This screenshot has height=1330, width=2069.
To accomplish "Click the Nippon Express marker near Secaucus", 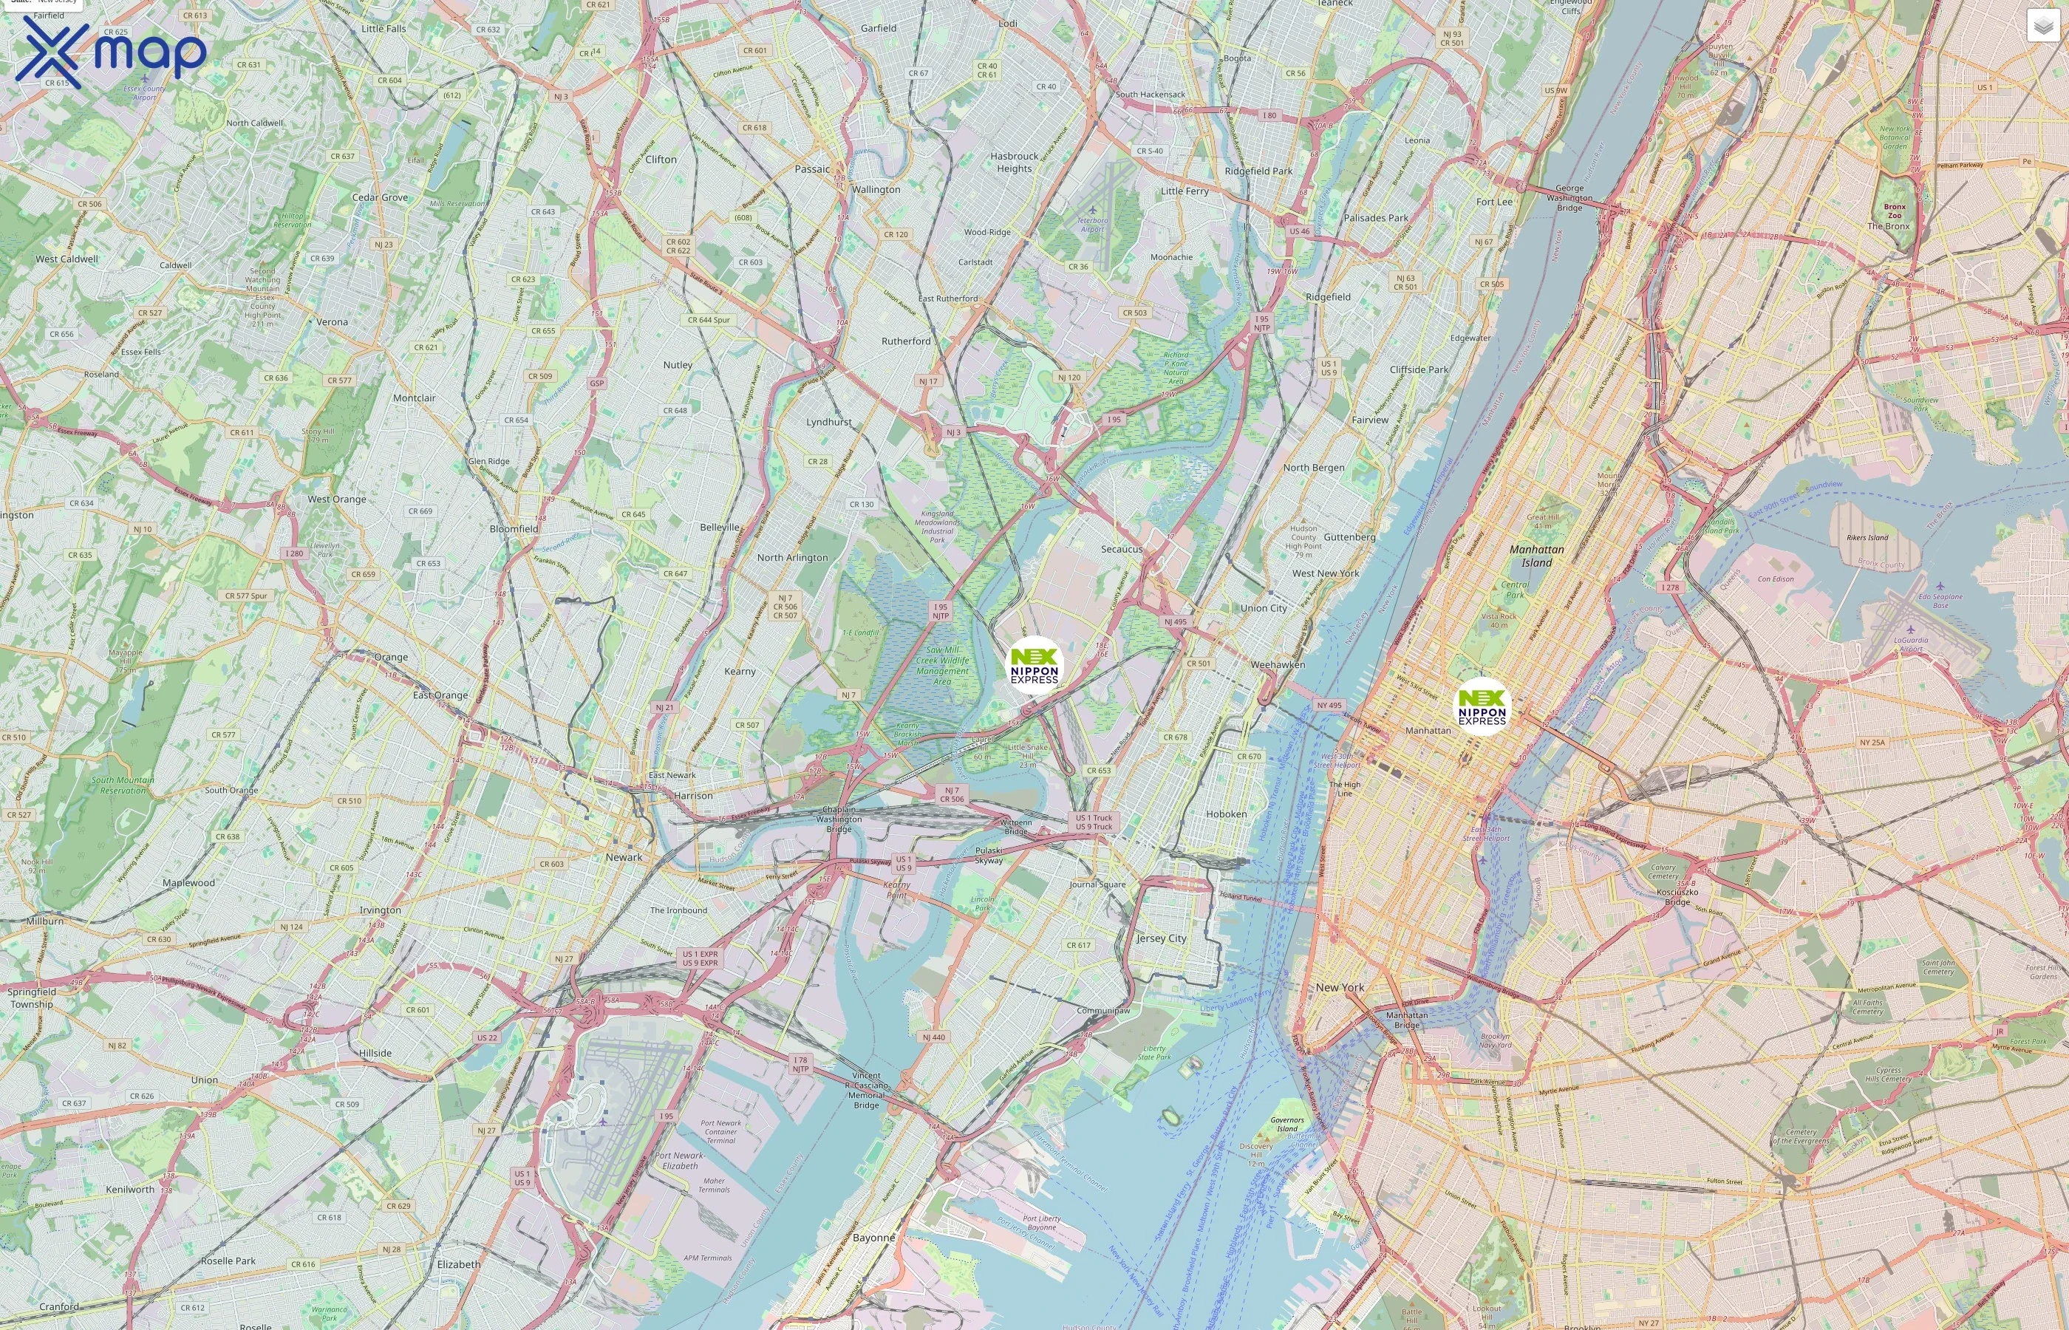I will click(1034, 666).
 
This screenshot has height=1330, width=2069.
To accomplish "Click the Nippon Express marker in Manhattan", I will click(1482, 706).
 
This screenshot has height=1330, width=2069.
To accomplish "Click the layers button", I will click(2043, 26).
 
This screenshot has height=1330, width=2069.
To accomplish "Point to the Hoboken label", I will click(1226, 814).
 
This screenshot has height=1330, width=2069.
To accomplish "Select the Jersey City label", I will click(1161, 938).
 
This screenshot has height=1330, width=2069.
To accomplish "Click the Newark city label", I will click(624, 856).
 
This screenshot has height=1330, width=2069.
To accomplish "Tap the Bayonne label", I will click(874, 1237).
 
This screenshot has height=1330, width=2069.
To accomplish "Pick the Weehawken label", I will click(1278, 664).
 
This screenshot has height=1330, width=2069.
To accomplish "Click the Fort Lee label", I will click(1494, 201).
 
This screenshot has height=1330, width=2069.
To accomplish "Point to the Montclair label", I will click(415, 398).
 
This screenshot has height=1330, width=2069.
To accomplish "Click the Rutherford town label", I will click(906, 341).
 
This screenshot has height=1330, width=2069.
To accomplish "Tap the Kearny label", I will click(740, 671).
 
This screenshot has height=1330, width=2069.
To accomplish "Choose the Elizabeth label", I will click(459, 1263).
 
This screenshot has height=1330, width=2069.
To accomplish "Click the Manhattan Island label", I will click(1536, 556).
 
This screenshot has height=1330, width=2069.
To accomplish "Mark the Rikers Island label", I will click(1867, 537).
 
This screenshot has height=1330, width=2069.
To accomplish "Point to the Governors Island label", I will click(1286, 1124).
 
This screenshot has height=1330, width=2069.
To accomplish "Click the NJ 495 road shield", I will click(1175, 621).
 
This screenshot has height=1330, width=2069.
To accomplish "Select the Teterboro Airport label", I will click(1092, 225).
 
